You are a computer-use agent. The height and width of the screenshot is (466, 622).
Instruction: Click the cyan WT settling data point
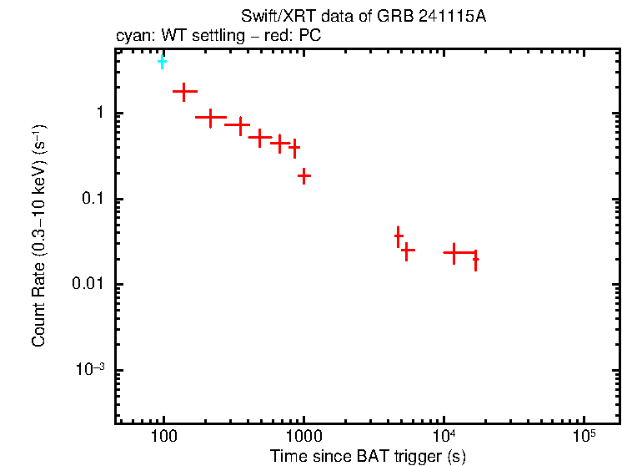162,62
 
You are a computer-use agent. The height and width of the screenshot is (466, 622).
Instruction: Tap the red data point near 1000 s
304,175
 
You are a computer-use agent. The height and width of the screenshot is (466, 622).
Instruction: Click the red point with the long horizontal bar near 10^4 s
454,252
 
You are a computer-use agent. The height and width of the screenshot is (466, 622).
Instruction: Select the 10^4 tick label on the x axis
444,437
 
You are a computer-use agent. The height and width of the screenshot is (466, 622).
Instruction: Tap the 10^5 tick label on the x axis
584,437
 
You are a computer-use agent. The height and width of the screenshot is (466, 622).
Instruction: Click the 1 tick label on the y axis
98,114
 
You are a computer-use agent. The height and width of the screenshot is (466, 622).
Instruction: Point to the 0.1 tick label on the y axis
91,199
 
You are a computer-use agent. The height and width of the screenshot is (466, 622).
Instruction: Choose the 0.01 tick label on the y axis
88,285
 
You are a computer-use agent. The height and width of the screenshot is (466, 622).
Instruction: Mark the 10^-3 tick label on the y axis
89,369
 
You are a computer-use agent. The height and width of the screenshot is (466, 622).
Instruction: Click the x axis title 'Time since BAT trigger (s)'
368,456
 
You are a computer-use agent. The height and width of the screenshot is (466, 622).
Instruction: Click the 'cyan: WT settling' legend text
170,36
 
